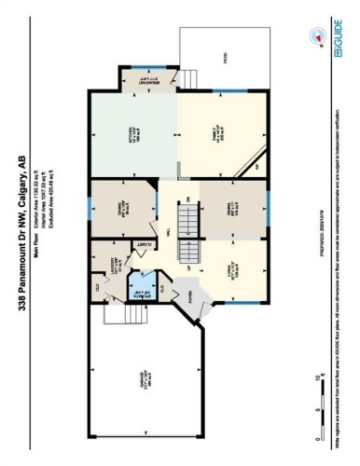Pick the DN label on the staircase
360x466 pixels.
[189, 199]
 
